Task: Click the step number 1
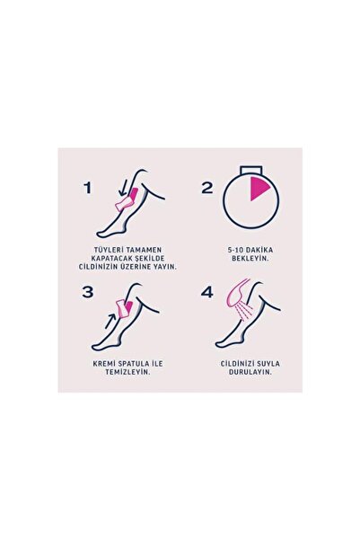click(x=88, y=188)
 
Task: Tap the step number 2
click(x=207, y=188)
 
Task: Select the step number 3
click(x=88, y=292)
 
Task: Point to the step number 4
click(x=207, y=292)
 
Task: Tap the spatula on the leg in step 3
click(x=126, y=308)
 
